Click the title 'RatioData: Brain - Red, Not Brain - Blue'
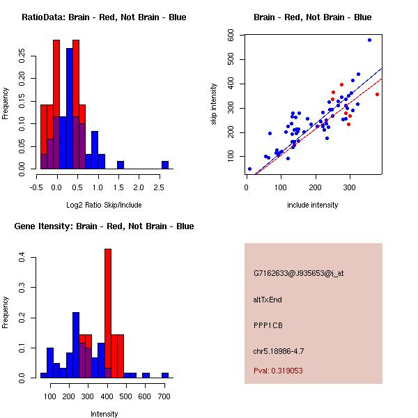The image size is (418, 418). (x=104, y=17)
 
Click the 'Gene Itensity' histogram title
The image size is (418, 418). (x=104, y=226)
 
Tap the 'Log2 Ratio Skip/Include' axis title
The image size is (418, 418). (x=104, y=204)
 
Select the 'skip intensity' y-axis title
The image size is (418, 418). (x=214, y=104)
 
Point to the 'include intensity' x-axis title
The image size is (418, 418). (x=313, y=205)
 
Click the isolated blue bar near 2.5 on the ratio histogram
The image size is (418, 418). (x=165, y=164)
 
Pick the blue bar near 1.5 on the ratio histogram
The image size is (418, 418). (x=121, y=164)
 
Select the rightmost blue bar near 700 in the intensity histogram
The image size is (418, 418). (x=165, y=375)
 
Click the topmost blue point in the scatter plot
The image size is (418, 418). (x=369, y=40)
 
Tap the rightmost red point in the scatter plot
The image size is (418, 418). (x=377, y=94)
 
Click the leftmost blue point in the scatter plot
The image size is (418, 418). (x=249, y=169)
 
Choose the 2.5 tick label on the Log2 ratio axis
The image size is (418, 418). (x=160, y=187)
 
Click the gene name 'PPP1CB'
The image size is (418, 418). (x=268, y=325)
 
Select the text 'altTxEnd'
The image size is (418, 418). (x=268, y=300)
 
